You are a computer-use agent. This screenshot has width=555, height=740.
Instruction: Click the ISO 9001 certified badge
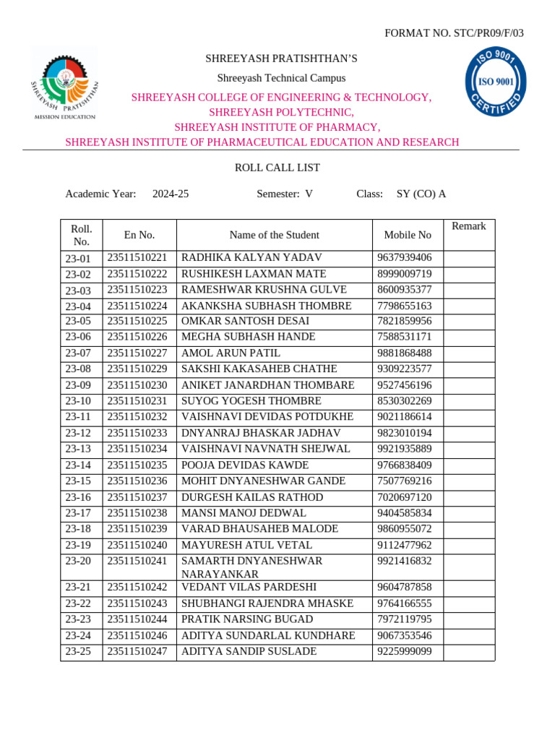[495, 80]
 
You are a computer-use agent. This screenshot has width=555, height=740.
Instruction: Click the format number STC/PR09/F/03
[454, 33]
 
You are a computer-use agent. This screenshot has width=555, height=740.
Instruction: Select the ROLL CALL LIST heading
[277, 168]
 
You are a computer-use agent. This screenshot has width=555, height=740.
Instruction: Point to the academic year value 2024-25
[171, 194]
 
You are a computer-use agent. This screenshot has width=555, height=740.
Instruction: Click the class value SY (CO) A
[421, 194]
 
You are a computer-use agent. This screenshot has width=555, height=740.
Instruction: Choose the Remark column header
[468, 226]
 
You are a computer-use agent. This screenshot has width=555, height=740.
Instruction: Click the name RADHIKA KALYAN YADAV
[251, 258]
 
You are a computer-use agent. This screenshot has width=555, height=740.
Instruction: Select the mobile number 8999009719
[405, 274]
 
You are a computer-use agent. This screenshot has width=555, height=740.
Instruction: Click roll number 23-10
[78, 401]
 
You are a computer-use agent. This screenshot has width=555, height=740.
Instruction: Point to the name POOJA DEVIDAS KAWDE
[246, 465]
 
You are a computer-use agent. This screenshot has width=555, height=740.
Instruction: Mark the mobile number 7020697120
[405, 497]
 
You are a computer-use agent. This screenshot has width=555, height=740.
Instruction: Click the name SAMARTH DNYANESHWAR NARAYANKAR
[251, 567]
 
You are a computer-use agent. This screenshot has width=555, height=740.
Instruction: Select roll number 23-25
[78, 652]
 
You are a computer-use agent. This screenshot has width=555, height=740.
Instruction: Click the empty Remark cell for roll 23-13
[468, 449]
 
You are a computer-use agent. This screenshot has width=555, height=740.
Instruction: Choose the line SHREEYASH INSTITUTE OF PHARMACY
[277, 127]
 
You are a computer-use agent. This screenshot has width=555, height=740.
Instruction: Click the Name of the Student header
[274, 235]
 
